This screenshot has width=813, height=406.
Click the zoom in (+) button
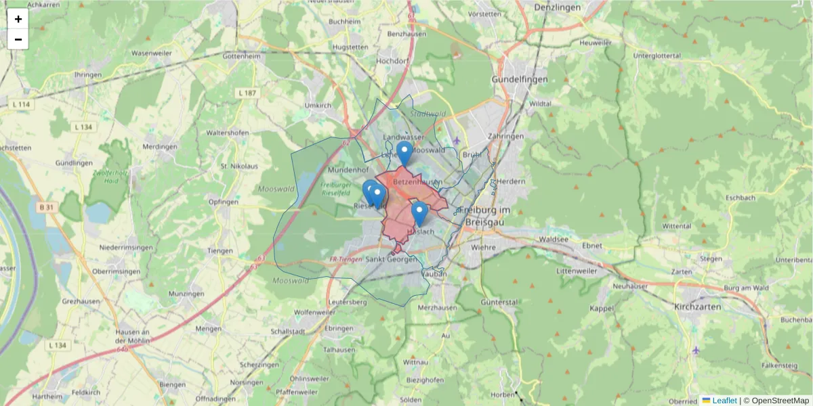[x=18, y=19]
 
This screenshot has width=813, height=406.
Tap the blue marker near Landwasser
[x=404, y=153]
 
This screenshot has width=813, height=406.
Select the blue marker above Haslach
[x=419, y=213]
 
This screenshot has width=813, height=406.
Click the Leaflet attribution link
[x=724, y=401]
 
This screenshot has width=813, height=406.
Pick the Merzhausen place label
[x=438, y=307]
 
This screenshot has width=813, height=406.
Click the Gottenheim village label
[x=241, y=56]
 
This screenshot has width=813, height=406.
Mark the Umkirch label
[x=318, y=106]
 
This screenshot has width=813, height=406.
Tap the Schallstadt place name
[x=287, y=332]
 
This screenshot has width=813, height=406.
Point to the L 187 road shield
[x=248, y=92]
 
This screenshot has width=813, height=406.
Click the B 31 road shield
[x=47, y=208]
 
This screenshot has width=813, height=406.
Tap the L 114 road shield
[x=22, y=104]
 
